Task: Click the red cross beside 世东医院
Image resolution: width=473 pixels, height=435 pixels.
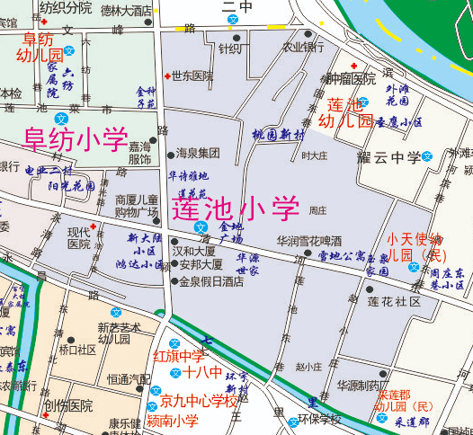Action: point(167,75)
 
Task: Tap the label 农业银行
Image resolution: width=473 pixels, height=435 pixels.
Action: point(303,47)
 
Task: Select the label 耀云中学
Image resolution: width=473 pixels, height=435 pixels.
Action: point(388,158)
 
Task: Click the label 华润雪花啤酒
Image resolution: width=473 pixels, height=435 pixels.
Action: point(308,241)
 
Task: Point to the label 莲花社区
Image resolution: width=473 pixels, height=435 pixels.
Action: point(394,302)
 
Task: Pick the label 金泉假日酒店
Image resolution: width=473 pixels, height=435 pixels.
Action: point(210,280)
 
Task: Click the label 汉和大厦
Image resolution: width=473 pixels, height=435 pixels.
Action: point(197,253)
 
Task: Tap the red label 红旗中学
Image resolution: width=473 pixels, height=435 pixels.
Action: point(179,357)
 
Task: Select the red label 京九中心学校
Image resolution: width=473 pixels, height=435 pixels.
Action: point(199,401)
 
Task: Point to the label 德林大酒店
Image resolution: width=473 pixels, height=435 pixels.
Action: point(126,11)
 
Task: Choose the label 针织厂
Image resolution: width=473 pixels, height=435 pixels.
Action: point(230,49)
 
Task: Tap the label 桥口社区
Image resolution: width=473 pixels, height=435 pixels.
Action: point(77,350)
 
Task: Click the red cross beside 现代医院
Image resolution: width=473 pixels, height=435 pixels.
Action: point(94,226)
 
